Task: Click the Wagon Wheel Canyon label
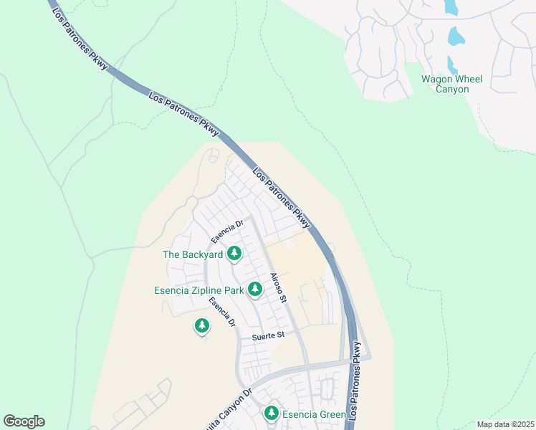[451, 84]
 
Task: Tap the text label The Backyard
[192, 254]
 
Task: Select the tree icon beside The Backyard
[234, 254]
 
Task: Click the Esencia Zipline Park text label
[198, 290]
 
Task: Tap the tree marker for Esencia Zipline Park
[254, 290]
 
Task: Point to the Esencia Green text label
[315, 414]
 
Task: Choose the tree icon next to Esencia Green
[271, 414]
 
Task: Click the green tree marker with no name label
[202, 327]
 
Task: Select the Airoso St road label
[278, 287]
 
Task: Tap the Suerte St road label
[268, 335]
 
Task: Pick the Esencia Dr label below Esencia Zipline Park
[222, 312]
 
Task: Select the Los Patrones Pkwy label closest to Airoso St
[282, 199]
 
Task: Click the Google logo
[24, 421]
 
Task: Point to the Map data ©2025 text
[505, 424]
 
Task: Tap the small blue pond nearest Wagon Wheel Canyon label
[452, 64]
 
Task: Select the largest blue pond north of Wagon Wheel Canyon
[456, 37]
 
